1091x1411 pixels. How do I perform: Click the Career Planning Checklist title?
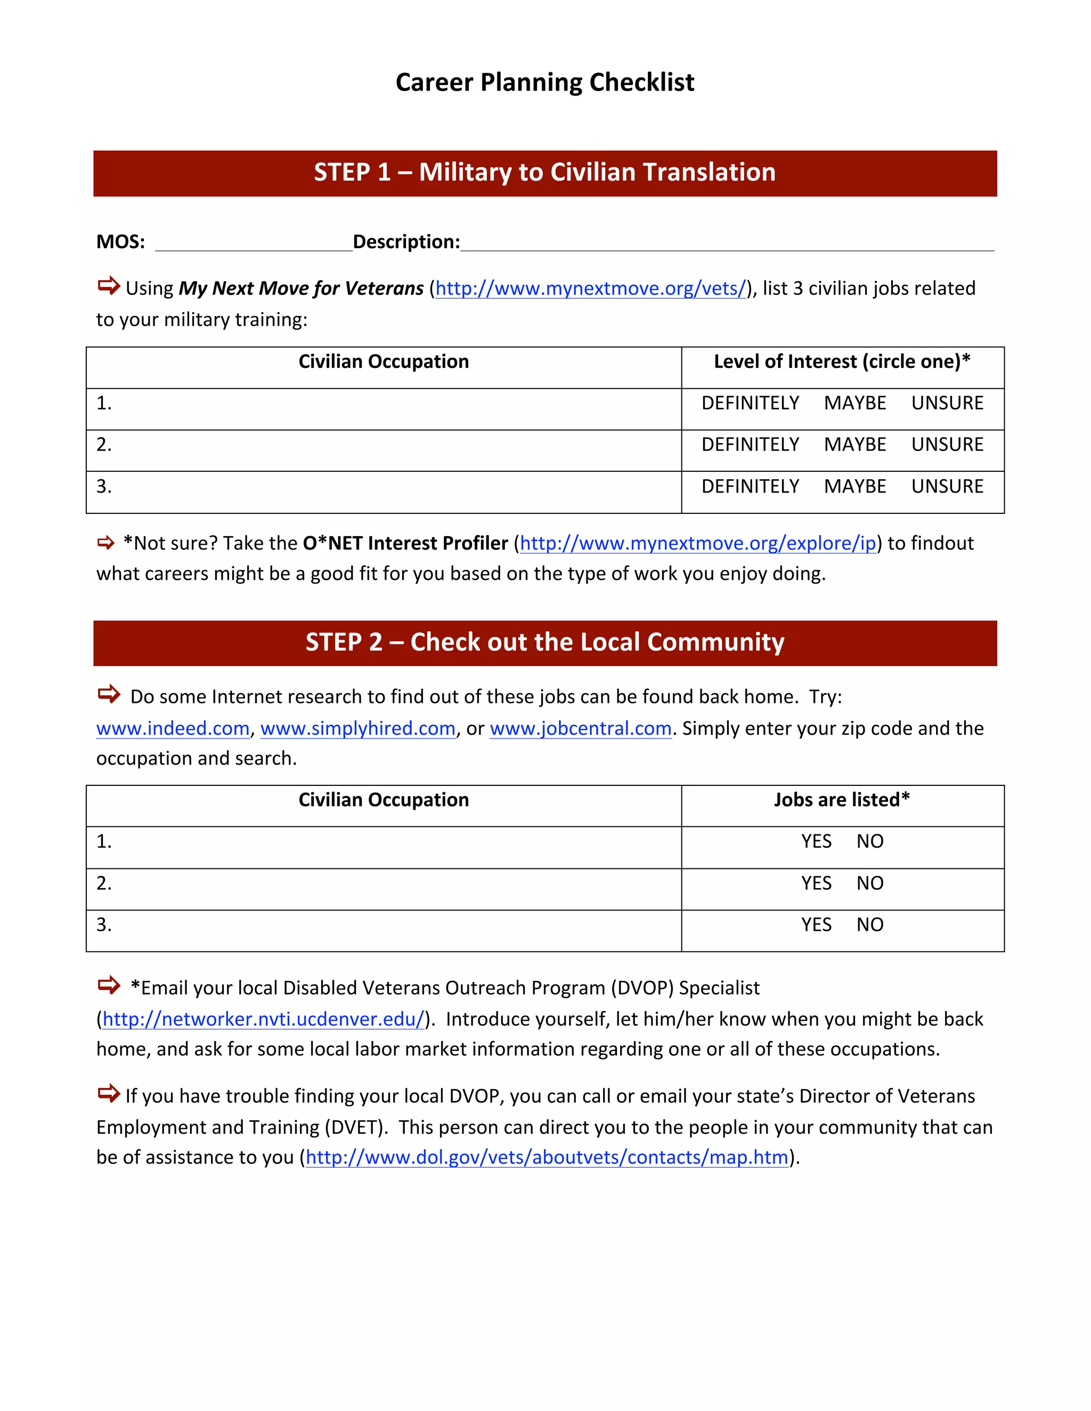coord(544,83)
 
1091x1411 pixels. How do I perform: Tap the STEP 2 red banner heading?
coord(544,643)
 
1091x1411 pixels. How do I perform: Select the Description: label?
coord(406,242)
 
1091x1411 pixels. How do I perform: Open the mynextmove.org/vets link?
coord(590,288)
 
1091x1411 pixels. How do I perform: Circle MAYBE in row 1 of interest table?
coord(854,403)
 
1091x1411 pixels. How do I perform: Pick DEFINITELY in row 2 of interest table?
coord(750,445)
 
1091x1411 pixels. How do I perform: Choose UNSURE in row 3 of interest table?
coord(947,487)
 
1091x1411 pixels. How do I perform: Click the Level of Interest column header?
coord(842,362)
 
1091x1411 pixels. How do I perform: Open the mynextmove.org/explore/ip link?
coord(697,543)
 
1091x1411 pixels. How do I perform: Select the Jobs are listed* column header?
coord(842,800)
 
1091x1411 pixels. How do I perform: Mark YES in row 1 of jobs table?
coord(816,841)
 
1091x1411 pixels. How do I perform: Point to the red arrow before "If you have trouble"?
coord(109,1093)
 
